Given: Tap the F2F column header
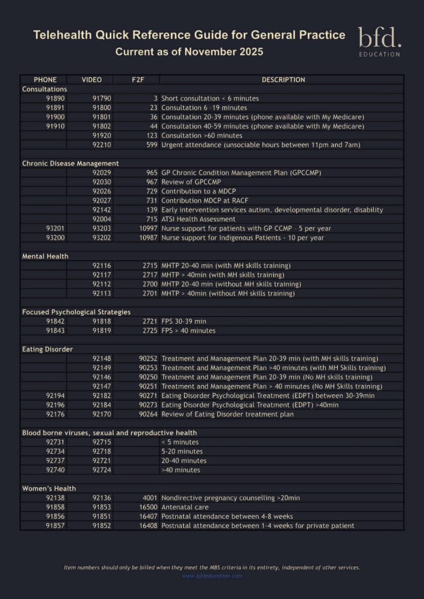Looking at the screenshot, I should coord(137,80).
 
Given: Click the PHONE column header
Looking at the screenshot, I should coord(45,80).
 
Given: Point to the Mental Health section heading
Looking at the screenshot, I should coord(45,256).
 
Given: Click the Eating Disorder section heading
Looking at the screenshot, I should coord(47,349).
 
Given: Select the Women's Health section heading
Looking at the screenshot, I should coord(49,488).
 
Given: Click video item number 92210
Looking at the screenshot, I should coord(102,145).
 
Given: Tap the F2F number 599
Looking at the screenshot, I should coord(152,145).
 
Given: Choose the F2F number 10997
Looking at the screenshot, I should coord(149,229).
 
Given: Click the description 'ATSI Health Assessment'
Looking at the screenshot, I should coord(198,219).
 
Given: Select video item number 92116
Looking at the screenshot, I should coord(102,266).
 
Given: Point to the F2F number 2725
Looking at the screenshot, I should coord(150,331).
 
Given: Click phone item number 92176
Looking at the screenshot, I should coord(55,414).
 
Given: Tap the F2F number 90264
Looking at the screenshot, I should coord(149,414).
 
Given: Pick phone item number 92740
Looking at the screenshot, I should coord(55,470).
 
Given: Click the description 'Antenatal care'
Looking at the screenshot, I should coord(185,507).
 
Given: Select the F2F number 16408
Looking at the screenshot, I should coord(149,526).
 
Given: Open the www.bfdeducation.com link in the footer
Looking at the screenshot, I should coord(212,576).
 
